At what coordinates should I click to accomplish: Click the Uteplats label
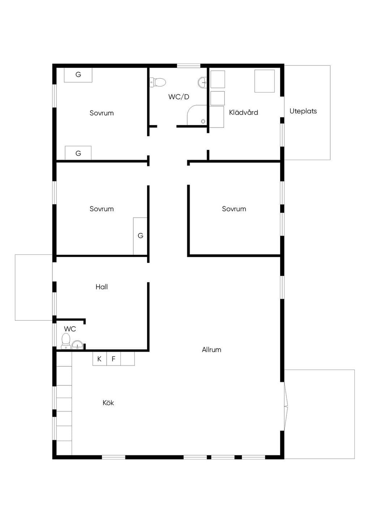(x=303, y=111)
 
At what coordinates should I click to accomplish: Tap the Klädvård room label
(x=244, y=112)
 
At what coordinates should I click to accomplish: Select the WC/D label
(x=179, y=97)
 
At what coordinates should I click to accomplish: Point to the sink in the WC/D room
(x=202, y=82)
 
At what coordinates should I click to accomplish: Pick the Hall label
(x=102, y=287)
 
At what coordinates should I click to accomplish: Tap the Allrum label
(x=211, y=350)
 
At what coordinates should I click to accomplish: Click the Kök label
(x=108, y=403)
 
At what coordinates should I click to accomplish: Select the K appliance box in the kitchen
(x=99, y=359)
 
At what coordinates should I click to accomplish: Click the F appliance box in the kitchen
(x=113, y=359)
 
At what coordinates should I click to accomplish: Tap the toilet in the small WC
(x=66, y=341)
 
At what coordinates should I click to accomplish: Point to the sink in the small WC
(x=77, y=345)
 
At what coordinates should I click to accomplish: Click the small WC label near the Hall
(x=70, y=329)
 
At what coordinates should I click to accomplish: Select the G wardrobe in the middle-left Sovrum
(x=140, y=236)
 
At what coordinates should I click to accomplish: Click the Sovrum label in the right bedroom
(x=234, y=209)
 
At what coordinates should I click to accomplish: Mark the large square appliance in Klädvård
(x=264, y=81)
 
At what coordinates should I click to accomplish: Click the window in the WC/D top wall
(x=189, y=66)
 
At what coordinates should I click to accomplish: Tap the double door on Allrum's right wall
(x=286, y=406)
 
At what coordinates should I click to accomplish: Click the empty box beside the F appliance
(x=128, y=359)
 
